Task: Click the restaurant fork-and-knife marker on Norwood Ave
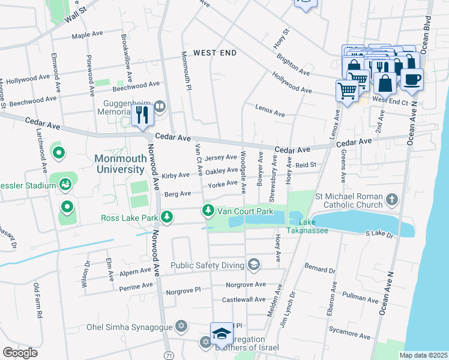pyautogui.click(x=142, y=113)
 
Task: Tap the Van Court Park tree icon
pyautogui.click(x=208, y=211)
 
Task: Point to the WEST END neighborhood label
pyautogui.click(x=215, y=53)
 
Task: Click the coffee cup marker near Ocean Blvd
pyautogui.click(x=412, y=79)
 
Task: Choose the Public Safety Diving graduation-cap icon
pyautogui.click(x=254, y=265)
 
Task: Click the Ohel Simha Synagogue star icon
pyautogui.click(x=181, y=327)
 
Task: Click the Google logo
pyautogui.click(x=20, y=353)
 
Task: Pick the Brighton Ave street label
pyautogui.click(x=293, y=65)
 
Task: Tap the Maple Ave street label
pyautogui.click(x=89, y=35)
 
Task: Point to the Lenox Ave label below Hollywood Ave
pyautogui.click(x=270, y=112)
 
